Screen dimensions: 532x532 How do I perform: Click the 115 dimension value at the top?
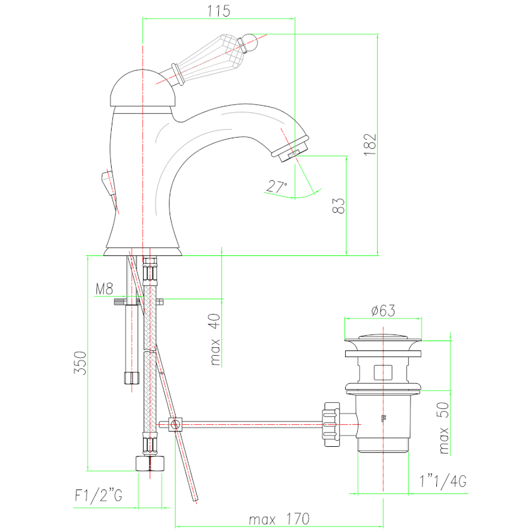[219, 11]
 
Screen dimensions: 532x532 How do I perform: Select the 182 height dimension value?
[370, 144]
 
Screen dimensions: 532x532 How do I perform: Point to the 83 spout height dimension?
[338, 206]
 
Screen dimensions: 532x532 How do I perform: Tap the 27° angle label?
[277, 187]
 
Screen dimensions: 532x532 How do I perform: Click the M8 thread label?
[104, 289]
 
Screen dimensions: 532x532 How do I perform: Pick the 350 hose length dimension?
[80, 362]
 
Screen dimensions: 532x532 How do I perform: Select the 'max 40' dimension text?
[215, 339]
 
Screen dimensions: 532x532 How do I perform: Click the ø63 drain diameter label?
[383, 311]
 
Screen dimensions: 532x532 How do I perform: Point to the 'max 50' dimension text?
[444, 428]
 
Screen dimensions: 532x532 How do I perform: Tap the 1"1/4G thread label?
[443, 481]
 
